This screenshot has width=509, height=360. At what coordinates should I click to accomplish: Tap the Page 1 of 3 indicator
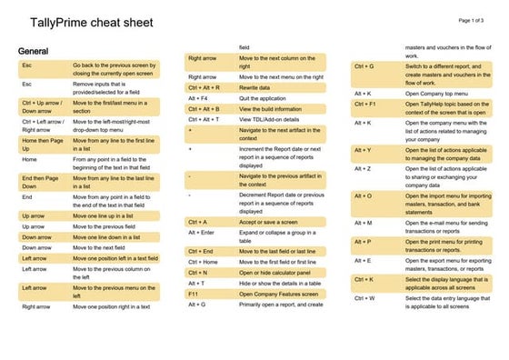478,19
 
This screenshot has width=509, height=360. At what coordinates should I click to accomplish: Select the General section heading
33,51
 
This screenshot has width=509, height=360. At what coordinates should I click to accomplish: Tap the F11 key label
194,294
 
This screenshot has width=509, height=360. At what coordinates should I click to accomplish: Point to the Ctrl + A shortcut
198,222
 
